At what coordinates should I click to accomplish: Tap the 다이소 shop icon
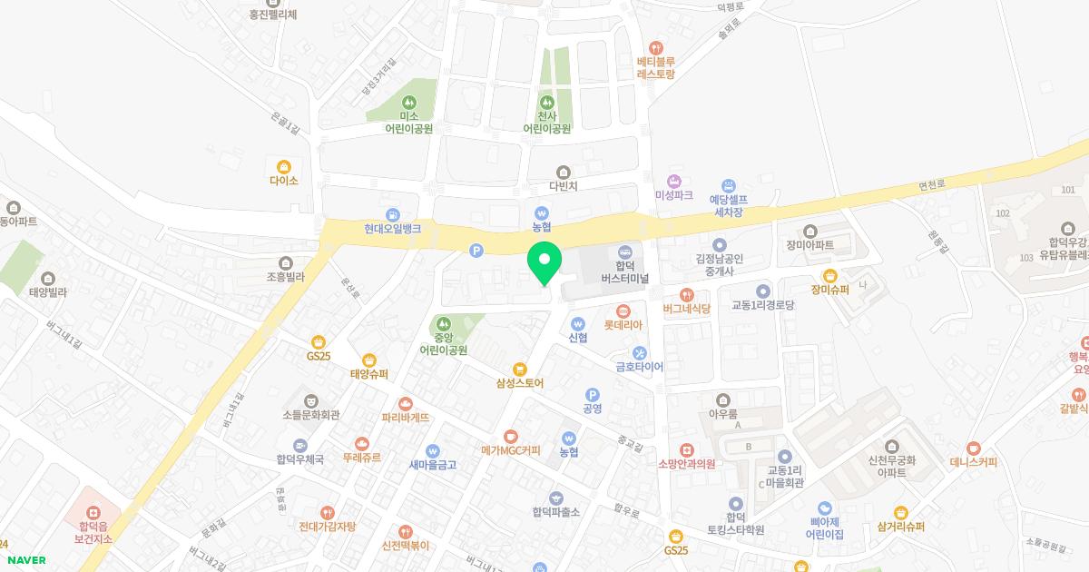coord(283,166)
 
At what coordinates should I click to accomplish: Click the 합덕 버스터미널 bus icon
coord(623,251)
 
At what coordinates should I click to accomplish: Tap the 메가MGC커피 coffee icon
coord(510,437)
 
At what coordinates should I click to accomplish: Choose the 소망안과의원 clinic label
coord(687,464)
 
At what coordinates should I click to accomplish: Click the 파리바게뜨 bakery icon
coord(406,403)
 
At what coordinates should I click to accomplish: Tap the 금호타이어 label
coord(639,368)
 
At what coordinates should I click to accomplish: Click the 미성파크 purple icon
coord(673,181)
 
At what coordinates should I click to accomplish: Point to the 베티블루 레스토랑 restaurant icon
coord(656,47)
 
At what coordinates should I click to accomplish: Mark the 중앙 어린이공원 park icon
coord(444,322)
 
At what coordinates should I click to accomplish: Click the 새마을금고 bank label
coord(432,465)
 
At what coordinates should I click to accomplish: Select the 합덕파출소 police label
coord(555,512)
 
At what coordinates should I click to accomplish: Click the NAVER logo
coord(26,560)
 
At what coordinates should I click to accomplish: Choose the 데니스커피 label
coord(973,462)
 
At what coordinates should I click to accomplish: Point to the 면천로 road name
coord(932,184)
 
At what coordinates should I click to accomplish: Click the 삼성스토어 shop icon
coord(519,369)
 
